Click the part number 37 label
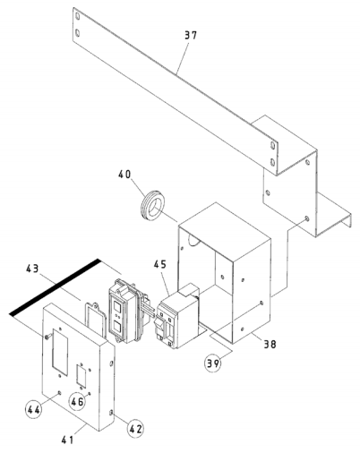[191, 35]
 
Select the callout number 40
[124, 175]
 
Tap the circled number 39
[213, 363]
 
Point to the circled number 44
[33, 410]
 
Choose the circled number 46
[77, 402]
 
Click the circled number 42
[135, 429]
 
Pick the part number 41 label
[67, 440]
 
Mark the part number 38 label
[270, 344]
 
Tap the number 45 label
[160, 264]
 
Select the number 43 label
[32, 269]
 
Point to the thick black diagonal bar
[55, 286]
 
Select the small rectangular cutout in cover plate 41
[81, 375]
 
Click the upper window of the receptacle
[116, 307]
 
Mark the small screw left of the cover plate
[47, 337]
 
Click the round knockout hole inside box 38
[194, 240]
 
